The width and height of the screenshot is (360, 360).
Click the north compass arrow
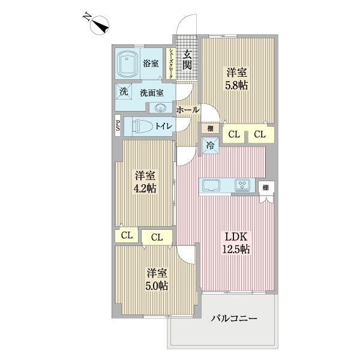click(x=100, y=25)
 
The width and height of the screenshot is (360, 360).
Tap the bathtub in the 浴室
click(x=128, y=64)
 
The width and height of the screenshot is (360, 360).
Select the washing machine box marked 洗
click(x=123, y=92)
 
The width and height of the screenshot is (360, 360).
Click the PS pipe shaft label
click(x=118, y=126)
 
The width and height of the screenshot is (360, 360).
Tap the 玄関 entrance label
click(x=187, y=58)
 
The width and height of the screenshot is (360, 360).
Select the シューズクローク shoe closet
click(x=172, y=63)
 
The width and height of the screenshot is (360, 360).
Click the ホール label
click(x=188, y=110)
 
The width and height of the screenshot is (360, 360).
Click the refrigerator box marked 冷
click(x=211, y=144)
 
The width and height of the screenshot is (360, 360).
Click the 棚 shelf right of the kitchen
click(x=265, y=188)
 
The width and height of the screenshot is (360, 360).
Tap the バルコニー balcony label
click(x=233, y=318)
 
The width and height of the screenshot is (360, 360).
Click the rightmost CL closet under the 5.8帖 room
click(x=259, y=134)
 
